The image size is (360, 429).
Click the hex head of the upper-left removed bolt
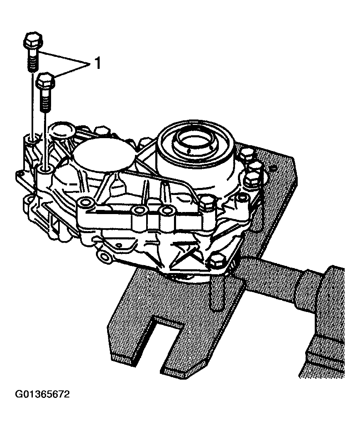(x=32, y=41)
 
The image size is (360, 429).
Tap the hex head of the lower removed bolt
(x=46, y=80)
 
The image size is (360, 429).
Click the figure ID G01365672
(x=43, y=394)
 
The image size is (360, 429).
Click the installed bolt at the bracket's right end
(x=206, y=202)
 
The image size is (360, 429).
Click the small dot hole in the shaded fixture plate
(x=273, y=168)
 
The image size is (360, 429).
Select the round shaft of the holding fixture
(x=274, y=276)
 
